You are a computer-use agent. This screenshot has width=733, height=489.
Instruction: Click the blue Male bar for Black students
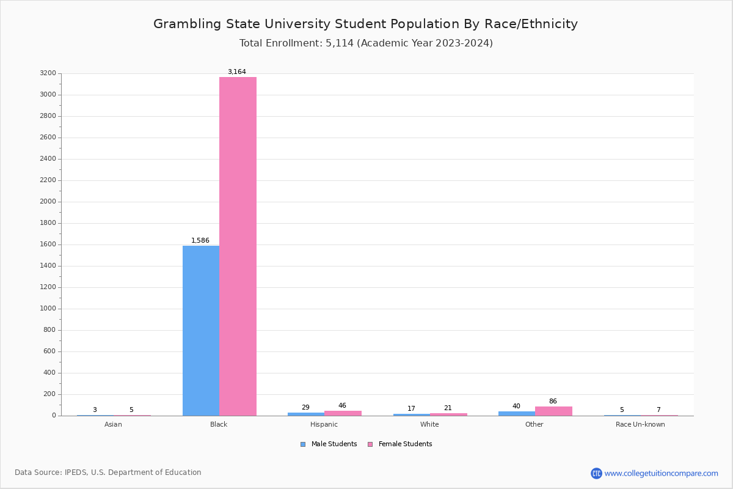(x=201, y=330)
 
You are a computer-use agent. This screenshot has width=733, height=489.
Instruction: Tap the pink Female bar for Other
(x=553, y=411)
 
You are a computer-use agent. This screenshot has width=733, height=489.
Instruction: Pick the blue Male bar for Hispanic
(x=306, y=414)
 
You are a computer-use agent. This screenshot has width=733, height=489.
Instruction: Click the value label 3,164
(x=237, y=72)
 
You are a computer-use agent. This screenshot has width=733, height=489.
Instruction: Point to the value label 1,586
(x=200, y=241)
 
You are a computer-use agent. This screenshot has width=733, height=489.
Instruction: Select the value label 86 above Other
(x=553, y=402)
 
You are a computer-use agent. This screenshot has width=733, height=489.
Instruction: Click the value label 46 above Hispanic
(x=342, y=406)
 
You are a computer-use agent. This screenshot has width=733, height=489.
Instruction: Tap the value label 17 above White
(x=411, y=409)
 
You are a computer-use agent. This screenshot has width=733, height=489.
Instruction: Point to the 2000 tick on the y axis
(x=48, y=202)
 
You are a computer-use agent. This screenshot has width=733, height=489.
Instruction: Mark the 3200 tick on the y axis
(x=48, y=73)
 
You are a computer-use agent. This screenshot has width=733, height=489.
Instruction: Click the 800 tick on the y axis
(x=49, y=330)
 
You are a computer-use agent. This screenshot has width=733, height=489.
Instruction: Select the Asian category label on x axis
(x=113, y=425)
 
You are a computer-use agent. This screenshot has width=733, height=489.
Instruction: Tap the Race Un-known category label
(x=640, y=425)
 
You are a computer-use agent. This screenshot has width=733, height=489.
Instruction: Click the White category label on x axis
(x=429, y=425)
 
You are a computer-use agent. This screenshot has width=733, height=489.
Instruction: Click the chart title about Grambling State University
(x=365, y=24)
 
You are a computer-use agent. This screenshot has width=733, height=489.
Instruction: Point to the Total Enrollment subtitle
(x=366, y=43)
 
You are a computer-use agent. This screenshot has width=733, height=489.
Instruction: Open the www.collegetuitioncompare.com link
(x=661, y=473)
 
